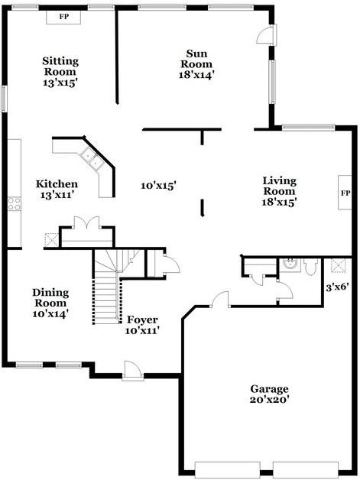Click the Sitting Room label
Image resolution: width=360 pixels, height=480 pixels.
pos(60,66)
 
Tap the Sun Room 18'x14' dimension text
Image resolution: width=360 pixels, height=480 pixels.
pos(196,75)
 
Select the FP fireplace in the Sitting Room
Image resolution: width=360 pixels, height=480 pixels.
pos(63,17)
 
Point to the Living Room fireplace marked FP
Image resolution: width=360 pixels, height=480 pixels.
pos(345,193)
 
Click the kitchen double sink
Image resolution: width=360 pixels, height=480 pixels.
pos(91,158)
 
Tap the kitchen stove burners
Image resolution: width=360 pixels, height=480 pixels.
pos(14,203)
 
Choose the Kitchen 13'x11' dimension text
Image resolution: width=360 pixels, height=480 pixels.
pos(57,195)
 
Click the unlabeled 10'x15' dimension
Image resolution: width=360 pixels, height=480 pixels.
pos(158,185)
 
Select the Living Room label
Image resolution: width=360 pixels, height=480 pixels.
pos(280,186)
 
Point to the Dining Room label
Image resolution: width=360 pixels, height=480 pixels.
pos(50,297)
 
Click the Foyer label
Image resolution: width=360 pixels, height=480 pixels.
pos(142,319)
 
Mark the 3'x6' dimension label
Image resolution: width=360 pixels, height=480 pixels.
pos(337,287)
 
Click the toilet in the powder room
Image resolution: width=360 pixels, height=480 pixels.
pos(310,267)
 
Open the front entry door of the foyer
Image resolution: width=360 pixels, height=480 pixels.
pos(133,371)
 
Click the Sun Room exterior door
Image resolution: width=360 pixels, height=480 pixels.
pos(266,34)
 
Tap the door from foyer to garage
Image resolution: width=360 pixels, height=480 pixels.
pos(220,299)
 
